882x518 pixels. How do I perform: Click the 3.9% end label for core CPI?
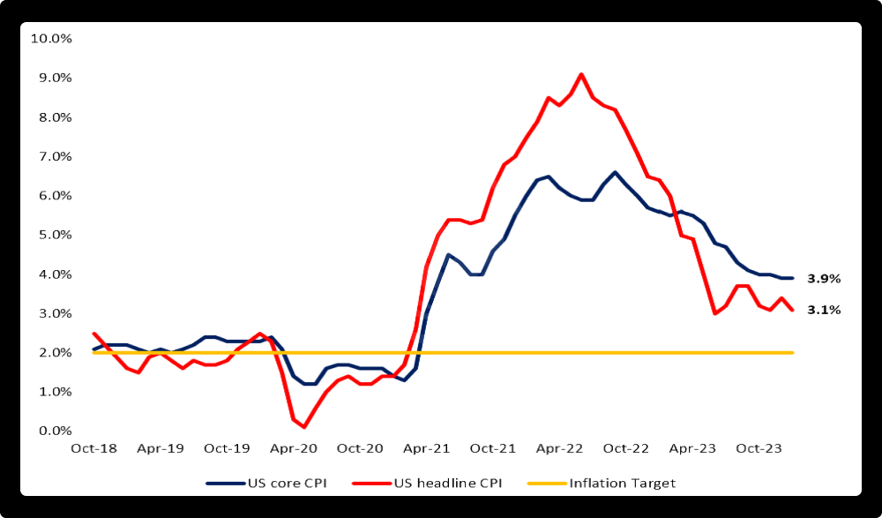pyautogui.click(x=824, y=279)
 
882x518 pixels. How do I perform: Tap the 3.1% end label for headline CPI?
pyautogui.click(x=824, y=310)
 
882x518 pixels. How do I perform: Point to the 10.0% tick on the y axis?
pyautogui.click(x=50, y=39)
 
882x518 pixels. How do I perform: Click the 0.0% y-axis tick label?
pyautogui.click(x=53, y=431)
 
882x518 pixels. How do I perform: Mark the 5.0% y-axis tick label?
pyautogui.click(x=53, y=235)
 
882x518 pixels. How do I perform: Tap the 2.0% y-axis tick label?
pyautogui.click(x=53, y=352)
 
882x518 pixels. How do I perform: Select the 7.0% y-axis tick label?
pyautogui.click(x=53, y=156)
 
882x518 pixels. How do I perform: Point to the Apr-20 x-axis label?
pyautogui.click(x=293, y=448)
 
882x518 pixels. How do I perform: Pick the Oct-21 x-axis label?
pyautogui.click(x=493, y=448)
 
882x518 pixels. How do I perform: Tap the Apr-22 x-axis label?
pyautogui.click(x=559, y=448)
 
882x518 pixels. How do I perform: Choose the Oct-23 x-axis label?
pyautogui.click(x=759, y=448)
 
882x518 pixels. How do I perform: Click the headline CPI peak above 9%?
pyautogui.click(x=581, y=74)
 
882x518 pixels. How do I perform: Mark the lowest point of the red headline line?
pyautogui.click(x=303, y=427)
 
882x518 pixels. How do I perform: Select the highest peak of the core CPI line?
pyautogui.click(x=615, y=172)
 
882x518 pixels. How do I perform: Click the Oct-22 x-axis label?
pyautogui.click(x=626, y=448)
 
